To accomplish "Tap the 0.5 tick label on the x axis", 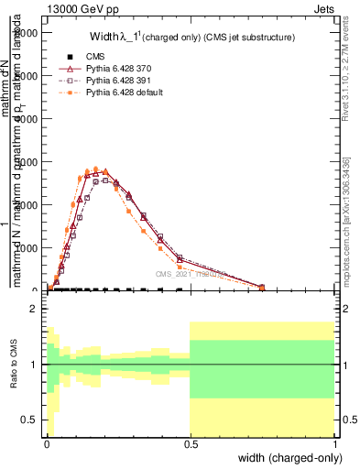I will click(x=190, y=444).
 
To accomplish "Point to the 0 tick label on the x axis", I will click(x=47, y=444).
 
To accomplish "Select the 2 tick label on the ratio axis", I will click(x=34, y=309).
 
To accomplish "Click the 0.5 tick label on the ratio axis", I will click(x=29, y=420).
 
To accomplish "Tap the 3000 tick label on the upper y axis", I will click(x=26, y=162).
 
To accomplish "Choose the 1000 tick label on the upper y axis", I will click(x=26, y=248).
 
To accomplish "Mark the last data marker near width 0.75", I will click(x=262, y=288).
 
